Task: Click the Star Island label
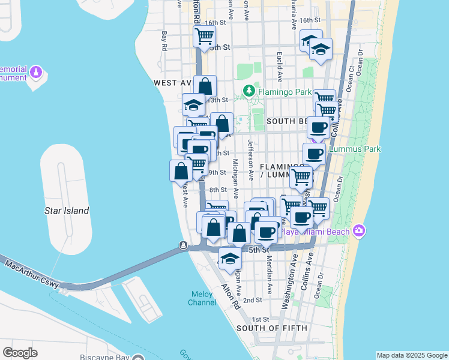(67, 211)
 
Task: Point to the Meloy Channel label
(202, 298)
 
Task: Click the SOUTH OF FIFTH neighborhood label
(272, 328)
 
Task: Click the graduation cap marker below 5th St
(229, 259)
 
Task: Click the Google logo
(20, 353)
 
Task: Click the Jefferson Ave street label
(250, 159)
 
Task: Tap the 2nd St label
(253, 300)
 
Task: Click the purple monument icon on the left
(36, 73)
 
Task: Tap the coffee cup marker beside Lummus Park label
(314, 154)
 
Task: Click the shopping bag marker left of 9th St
(181, 171)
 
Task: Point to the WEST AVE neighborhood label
(172, 82)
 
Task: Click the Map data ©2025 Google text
(412, 355)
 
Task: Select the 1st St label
(261, 319)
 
